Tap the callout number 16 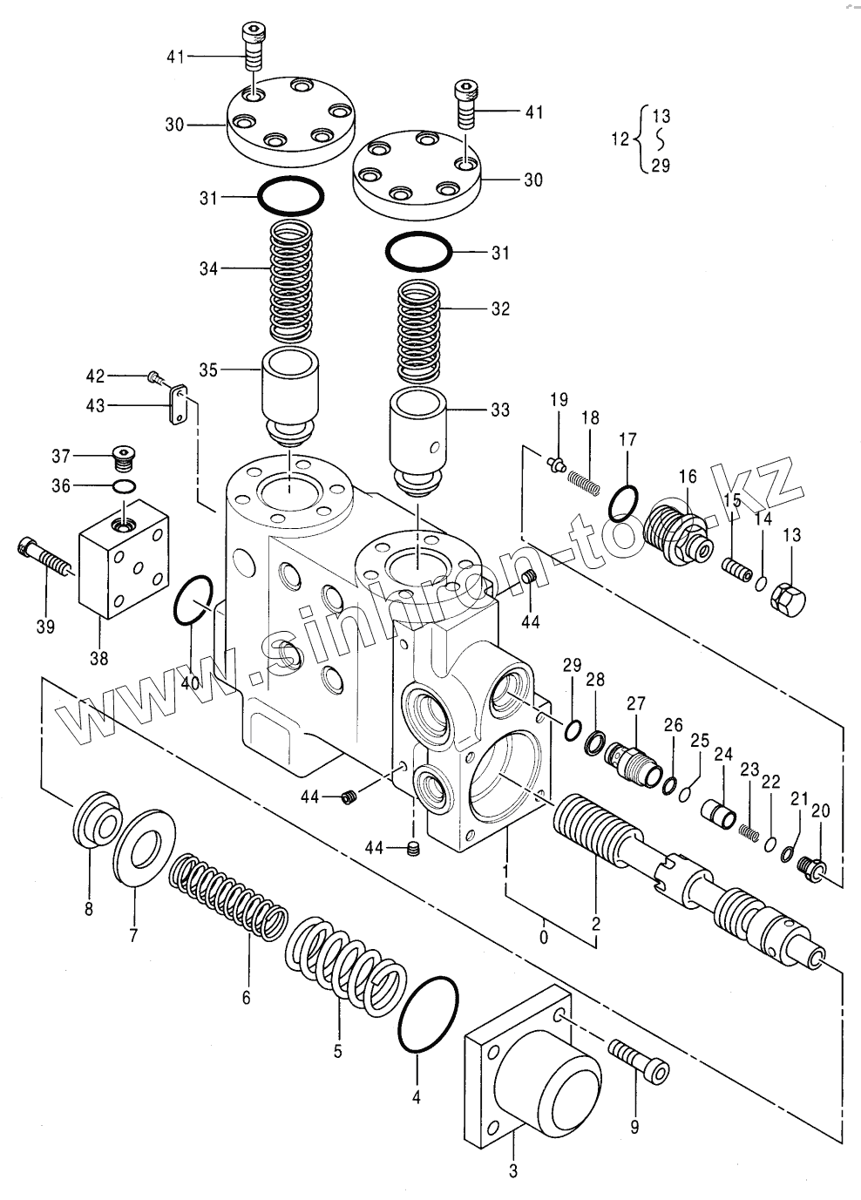point(687,476)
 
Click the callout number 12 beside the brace point(619,139)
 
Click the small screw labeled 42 point(154,376)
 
